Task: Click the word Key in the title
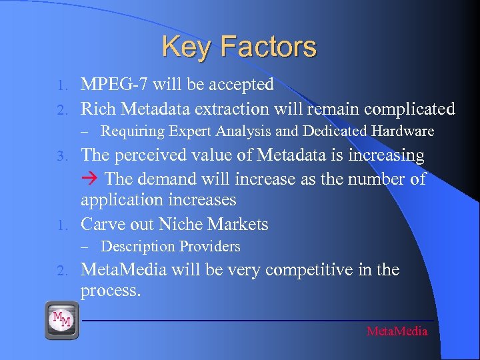pos(186,47)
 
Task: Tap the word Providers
pos(208,247)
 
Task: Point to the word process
pos(111,291)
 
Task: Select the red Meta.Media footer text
pos(397,331)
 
